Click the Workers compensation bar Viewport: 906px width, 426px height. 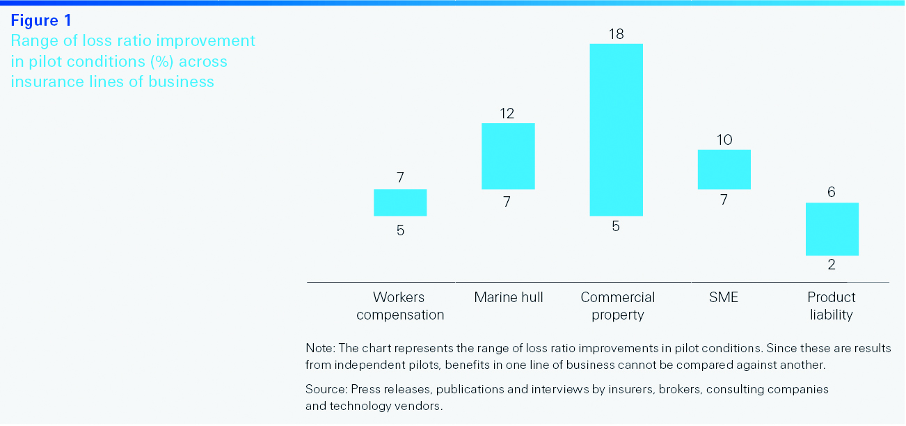tap(400, 203)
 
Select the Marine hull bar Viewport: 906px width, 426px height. tap(508, 156)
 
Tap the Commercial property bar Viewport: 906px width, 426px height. tap(616, 129)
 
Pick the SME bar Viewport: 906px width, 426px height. tap(724, 169)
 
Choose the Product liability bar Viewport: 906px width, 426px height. tap(832, 229)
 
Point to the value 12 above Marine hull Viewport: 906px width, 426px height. tap(507, 113)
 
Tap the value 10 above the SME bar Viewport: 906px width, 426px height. tap(724, 140)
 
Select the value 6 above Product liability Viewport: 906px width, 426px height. tap(832, 192)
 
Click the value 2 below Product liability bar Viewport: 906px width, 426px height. tap(832, 265)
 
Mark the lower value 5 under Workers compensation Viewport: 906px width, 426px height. tap(400, 230)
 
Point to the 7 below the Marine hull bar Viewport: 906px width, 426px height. tap(507, 202)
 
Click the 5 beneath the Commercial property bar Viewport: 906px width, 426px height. tap(616, 226)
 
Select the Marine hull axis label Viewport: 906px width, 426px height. tap(509, 297)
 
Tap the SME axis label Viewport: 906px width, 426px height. tap(724, 297)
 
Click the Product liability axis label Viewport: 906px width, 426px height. tap(832, 306)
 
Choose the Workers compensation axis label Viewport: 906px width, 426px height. tap(400, 306)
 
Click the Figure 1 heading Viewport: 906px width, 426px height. tap(41, 21)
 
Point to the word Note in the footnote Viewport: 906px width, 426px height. tap(319, 348)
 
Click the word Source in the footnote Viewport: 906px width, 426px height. tap(325, 389)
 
